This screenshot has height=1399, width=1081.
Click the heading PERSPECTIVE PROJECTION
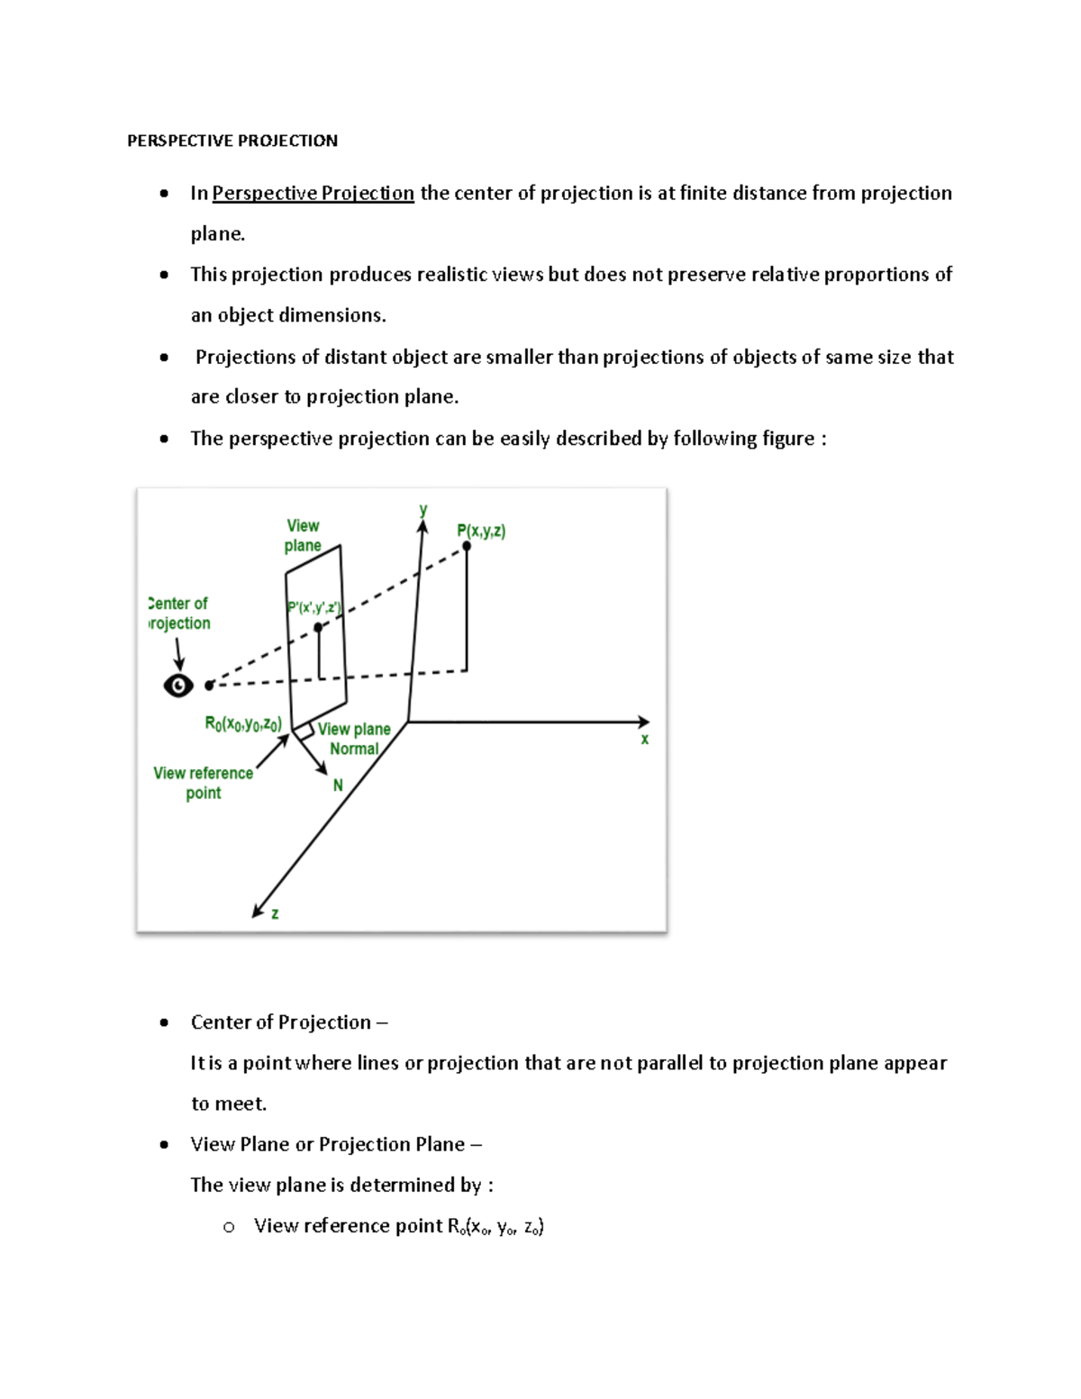pos(232,141)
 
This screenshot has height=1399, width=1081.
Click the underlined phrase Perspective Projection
pos(313,193)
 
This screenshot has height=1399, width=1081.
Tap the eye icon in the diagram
pos(178,686)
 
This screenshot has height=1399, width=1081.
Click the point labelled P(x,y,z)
pos(467,546)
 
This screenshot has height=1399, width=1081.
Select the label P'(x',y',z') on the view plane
pos(313,608)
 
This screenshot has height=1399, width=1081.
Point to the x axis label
pos(644,740)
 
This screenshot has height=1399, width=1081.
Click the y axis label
pos(422,510)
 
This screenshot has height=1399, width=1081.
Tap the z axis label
pos(275,913)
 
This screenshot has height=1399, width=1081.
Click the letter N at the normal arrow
pos(338,786)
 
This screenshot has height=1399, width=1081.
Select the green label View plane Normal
pos(354,739)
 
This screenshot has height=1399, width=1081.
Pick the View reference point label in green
pos(203,783)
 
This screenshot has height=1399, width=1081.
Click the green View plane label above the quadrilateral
pos(303,535)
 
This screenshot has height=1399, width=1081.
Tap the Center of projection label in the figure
pos(179,613)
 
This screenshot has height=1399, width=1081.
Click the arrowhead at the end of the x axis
pos(643,722)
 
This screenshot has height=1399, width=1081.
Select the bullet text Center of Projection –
pos(288,1022)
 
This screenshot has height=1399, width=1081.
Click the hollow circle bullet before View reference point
pos(229,1227)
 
